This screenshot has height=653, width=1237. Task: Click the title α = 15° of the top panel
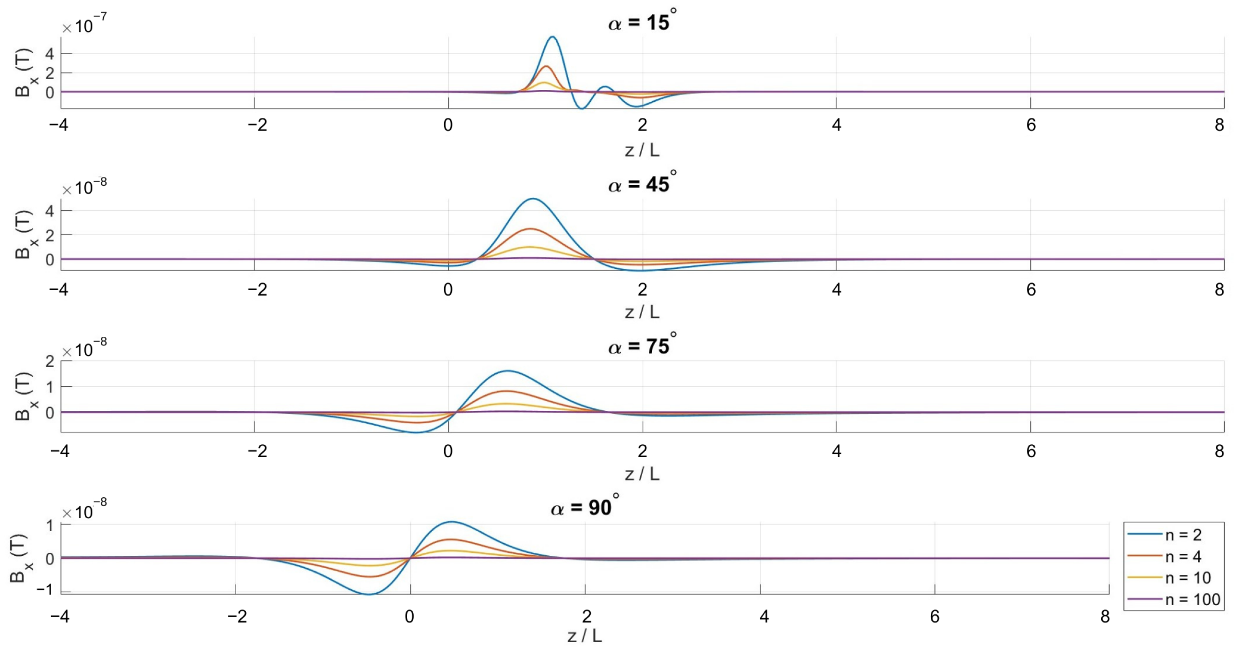click(x=642, y=21)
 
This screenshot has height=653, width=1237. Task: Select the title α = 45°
click(x=642, y=183)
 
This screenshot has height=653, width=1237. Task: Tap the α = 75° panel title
click(x=642, y=345)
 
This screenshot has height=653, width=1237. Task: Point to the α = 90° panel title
click(x=585, y=507)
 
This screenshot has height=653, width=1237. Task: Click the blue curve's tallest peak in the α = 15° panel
click(x=553, y=37)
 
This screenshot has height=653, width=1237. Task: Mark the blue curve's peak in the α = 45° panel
click(x=533, y=199)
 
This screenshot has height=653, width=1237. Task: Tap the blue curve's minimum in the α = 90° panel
click(x=368, y=594)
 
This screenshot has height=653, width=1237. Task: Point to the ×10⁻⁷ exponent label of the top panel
click(x=84, y=24)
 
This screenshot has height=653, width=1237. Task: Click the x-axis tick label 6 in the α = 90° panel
click(x=935, y=616)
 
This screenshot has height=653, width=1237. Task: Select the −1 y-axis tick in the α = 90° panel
click(x=45, y=589)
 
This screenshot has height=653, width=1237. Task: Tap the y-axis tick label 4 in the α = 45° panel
click(x=49, y=210)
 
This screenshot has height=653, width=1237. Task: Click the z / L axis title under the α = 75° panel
click(x=642, y=474)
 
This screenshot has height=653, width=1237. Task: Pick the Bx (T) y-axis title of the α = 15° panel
click(x=23, y=72)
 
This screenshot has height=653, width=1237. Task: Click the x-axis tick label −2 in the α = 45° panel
click(x=257, y=289)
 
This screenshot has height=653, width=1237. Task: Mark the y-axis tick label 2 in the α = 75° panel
click(x=49, y=361)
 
